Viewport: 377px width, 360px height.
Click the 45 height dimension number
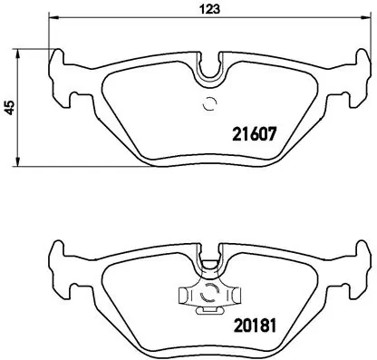(x=9, y=107)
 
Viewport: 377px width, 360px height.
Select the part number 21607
(x=250, y=132)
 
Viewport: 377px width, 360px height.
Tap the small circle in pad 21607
(x=209, y=102)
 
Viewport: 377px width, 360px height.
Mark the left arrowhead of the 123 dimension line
(x=52, y=20)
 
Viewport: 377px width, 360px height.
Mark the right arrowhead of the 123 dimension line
(x=365, y=20)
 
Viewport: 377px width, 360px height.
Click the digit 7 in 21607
(x=269, y=132)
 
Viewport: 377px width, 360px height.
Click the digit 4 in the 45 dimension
(x=9, y=111)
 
